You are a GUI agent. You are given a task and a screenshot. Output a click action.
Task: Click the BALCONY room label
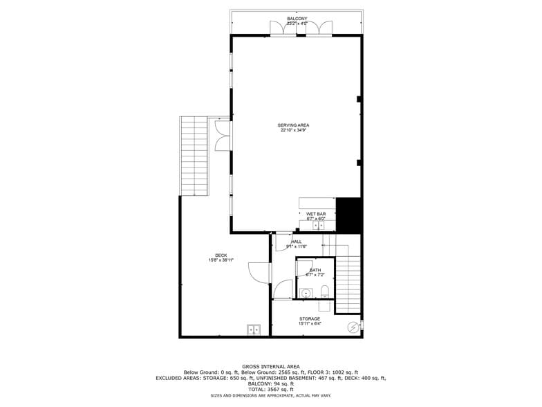(297, 19)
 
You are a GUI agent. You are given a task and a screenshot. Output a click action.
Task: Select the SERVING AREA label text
(294, 125)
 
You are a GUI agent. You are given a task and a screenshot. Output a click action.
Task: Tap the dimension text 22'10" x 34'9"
(294, 131)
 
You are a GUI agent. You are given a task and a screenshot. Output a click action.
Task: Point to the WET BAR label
(316, 214)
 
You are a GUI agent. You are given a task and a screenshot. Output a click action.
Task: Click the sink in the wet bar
(319, 225)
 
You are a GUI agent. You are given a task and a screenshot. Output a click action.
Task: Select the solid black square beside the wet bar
(348, 215)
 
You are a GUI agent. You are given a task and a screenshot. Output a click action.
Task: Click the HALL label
(297, 242)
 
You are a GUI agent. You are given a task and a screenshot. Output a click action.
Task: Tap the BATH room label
(315, 270)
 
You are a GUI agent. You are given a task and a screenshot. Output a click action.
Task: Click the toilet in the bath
(324, 289)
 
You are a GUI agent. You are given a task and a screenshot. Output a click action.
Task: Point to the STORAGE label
(309, 319)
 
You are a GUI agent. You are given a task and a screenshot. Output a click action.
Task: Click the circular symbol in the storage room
(353, 327)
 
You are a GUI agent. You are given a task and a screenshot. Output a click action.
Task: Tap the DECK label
(221, 255)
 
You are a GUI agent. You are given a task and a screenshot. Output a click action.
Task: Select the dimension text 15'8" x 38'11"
(221, 261)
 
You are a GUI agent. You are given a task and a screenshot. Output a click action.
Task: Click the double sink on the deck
(254, 329)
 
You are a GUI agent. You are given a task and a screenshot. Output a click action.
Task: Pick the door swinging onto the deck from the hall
(259, 273)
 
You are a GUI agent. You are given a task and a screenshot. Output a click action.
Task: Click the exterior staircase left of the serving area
(194, 156)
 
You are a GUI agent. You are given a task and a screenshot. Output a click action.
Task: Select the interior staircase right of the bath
(349, 284)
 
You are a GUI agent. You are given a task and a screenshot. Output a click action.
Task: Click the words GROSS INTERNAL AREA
(271, 366)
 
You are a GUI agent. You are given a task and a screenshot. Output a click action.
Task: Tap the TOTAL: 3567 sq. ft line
(271, 389)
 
